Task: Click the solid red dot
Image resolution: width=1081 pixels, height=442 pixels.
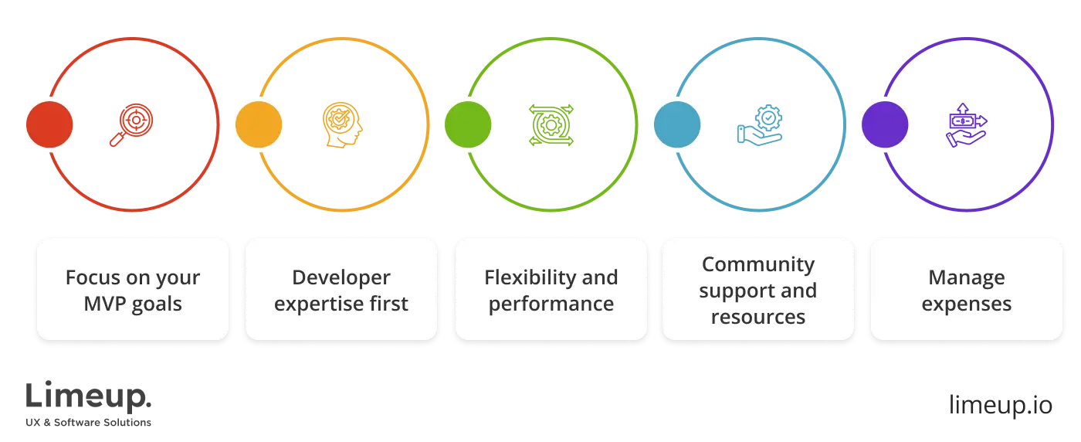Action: (49, 124)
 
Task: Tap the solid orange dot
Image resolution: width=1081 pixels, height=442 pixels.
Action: (259, 124)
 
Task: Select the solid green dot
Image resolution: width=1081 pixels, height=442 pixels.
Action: (468, 124)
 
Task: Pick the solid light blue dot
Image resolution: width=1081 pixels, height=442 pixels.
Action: (677, 124)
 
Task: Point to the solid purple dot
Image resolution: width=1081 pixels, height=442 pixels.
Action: (885, 124)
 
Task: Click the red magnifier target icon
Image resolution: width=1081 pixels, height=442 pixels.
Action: (130, 124)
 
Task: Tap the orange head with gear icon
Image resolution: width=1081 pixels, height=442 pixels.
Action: (341, 124)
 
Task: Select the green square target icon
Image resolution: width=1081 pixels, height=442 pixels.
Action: (551, 124)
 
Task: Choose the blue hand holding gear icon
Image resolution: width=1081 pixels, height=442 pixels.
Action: (759, 124)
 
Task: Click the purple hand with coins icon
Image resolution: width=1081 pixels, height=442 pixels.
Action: (967, 124)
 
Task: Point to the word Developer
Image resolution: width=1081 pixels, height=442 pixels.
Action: (341, 277)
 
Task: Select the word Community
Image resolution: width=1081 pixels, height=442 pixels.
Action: (757, 264)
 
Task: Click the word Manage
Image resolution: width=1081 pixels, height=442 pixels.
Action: (967, 277)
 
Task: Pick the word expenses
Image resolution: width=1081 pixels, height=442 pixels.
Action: (967, 304)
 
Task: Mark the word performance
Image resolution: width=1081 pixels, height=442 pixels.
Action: (551, 304)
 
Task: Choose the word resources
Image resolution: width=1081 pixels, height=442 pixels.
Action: (757, 317)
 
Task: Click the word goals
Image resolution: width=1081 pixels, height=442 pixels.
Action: (157, 304)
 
